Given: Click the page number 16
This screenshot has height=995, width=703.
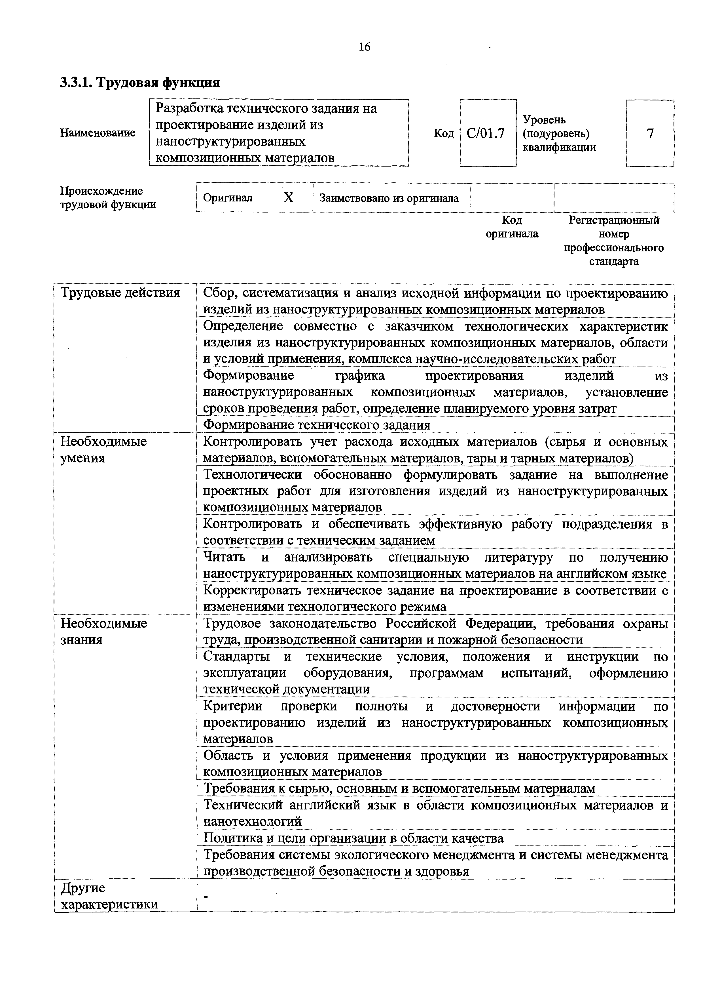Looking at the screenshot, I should point(365,47).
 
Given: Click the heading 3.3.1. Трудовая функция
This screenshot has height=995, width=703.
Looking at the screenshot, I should point(140,82).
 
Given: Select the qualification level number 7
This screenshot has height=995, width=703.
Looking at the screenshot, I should point(650,133).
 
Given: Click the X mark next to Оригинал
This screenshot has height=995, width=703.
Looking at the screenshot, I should point(288,198).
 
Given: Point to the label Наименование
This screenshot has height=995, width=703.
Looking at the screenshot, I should point(98,132).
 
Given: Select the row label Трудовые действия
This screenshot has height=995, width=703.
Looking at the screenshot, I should point(120,293).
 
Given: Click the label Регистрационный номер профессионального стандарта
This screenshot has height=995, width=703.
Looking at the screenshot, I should point(613,241).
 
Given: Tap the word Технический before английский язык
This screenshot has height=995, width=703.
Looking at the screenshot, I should point(243,805).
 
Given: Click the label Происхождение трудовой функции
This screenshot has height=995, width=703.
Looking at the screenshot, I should point(108,198).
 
